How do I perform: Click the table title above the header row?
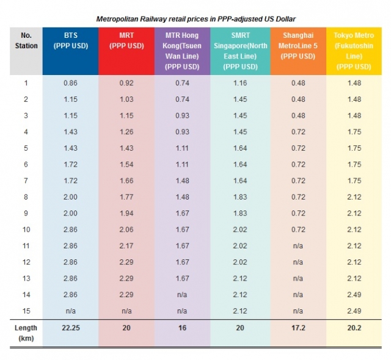(195, 20)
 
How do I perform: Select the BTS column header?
(70, 41)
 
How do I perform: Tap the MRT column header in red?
(126, 41)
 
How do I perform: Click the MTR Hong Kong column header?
(181, 51)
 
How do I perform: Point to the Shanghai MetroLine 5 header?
(297, 46)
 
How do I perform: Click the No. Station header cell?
(26, 41)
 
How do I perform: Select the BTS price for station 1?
(70, 82)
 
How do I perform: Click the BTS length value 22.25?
(71, 328)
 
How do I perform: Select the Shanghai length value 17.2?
(298, 328)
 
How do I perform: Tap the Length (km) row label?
(26, 333)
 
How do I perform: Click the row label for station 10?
(26, 229)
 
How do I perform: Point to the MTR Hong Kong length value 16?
(181, 328)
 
